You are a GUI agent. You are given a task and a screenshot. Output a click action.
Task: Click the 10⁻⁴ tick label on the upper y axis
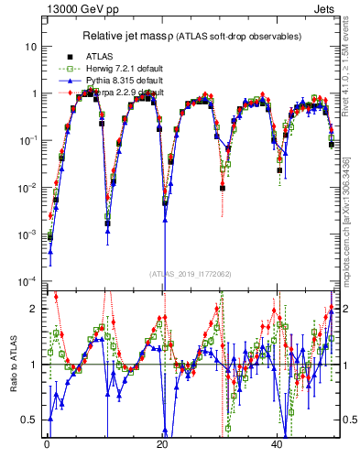coord(27,281)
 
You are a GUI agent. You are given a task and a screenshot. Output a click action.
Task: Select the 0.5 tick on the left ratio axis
coord(28,420)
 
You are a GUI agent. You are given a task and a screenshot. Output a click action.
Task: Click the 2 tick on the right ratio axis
coord(344,309)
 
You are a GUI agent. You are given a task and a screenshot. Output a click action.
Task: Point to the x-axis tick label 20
coord(162,443)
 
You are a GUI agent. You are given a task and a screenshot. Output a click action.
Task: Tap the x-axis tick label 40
coord(278,443)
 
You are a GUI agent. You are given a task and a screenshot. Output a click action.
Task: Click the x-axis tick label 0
coord(47,443)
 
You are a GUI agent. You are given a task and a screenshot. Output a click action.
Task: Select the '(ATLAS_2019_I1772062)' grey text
coord(190,273)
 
